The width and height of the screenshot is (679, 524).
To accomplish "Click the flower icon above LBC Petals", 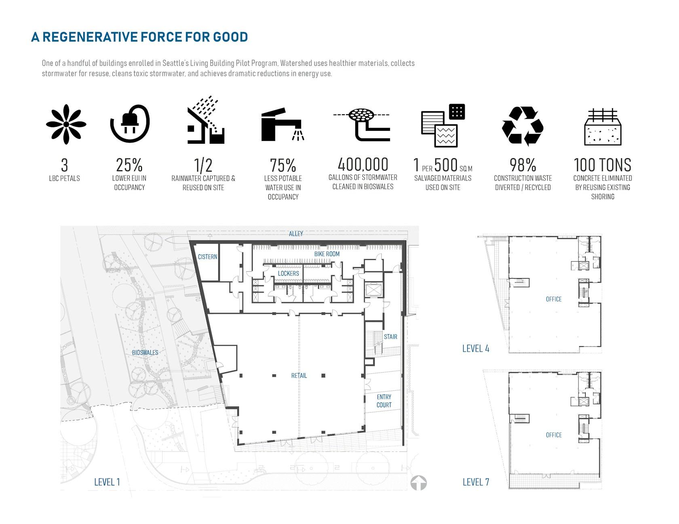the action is [x=66, y=124].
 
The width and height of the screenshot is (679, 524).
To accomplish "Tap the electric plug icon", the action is [x=130, y=124].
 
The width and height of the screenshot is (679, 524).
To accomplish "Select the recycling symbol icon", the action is [x=523, y=126].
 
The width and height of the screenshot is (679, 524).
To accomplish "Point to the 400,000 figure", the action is [x=363, y=164].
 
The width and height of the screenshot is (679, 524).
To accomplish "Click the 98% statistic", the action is [x=523, y=165].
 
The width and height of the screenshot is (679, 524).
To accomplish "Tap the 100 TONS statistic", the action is [x=603, y=165].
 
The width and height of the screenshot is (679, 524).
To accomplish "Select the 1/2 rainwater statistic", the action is [x=203, y=165].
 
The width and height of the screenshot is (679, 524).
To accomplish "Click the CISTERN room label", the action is [x=207, y=257].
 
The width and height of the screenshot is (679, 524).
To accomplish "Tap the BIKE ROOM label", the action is [x=327, y=254].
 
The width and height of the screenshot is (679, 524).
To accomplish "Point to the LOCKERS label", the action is [x=289, y=273].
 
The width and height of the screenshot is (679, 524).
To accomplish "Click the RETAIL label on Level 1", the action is [x=299, y=375].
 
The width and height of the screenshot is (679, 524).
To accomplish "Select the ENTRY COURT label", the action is [x=384, y=401].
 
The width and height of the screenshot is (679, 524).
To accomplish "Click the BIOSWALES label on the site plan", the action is [x=145, y=352].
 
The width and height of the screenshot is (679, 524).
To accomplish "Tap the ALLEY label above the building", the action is [x=296, y=234].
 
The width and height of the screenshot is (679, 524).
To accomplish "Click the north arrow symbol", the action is [x=419, y=483].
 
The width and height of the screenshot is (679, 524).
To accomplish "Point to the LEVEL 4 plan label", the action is [x=476, y=348].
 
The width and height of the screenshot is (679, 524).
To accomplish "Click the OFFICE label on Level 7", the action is [x=554, y=435].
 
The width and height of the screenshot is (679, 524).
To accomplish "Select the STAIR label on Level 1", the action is [x=390, y=337].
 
